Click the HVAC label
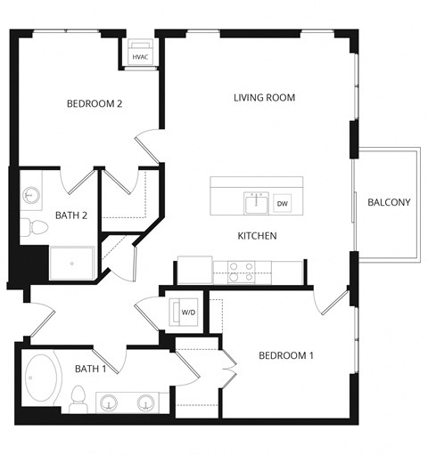pos(140,57)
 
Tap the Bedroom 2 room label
pos(94,104)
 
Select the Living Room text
pos(264,97)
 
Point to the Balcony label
pos(389,202)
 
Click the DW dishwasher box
pos(283,204)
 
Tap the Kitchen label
pos(257,236)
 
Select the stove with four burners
pos(241,272)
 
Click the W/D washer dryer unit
pos(188,313)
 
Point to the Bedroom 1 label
pos(286,356)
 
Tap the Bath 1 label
pos(91,369)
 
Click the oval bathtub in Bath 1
pos(42,379)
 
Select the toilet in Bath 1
pos(78,395)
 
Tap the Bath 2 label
pos(71,215)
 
